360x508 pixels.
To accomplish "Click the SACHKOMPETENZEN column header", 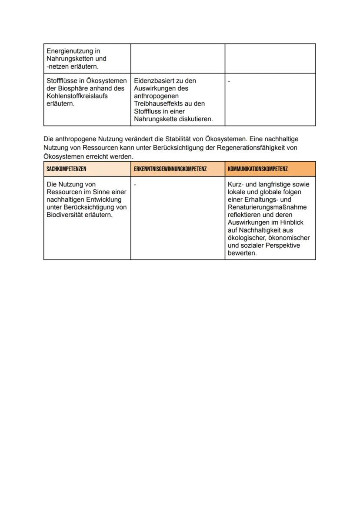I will tap(66, 169).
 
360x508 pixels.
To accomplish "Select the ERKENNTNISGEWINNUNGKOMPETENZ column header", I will tap(170, 169).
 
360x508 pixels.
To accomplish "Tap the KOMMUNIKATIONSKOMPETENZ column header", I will tap(257, 169).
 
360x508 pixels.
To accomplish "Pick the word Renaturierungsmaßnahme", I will tap(267, 207).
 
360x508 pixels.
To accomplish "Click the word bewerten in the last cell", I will tap(242, 253).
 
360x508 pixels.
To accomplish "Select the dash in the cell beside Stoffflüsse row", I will tap(229, 81).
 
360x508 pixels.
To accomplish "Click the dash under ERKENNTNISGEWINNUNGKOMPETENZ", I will tap(135, 185).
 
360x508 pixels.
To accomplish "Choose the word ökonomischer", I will tap(292, 238).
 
